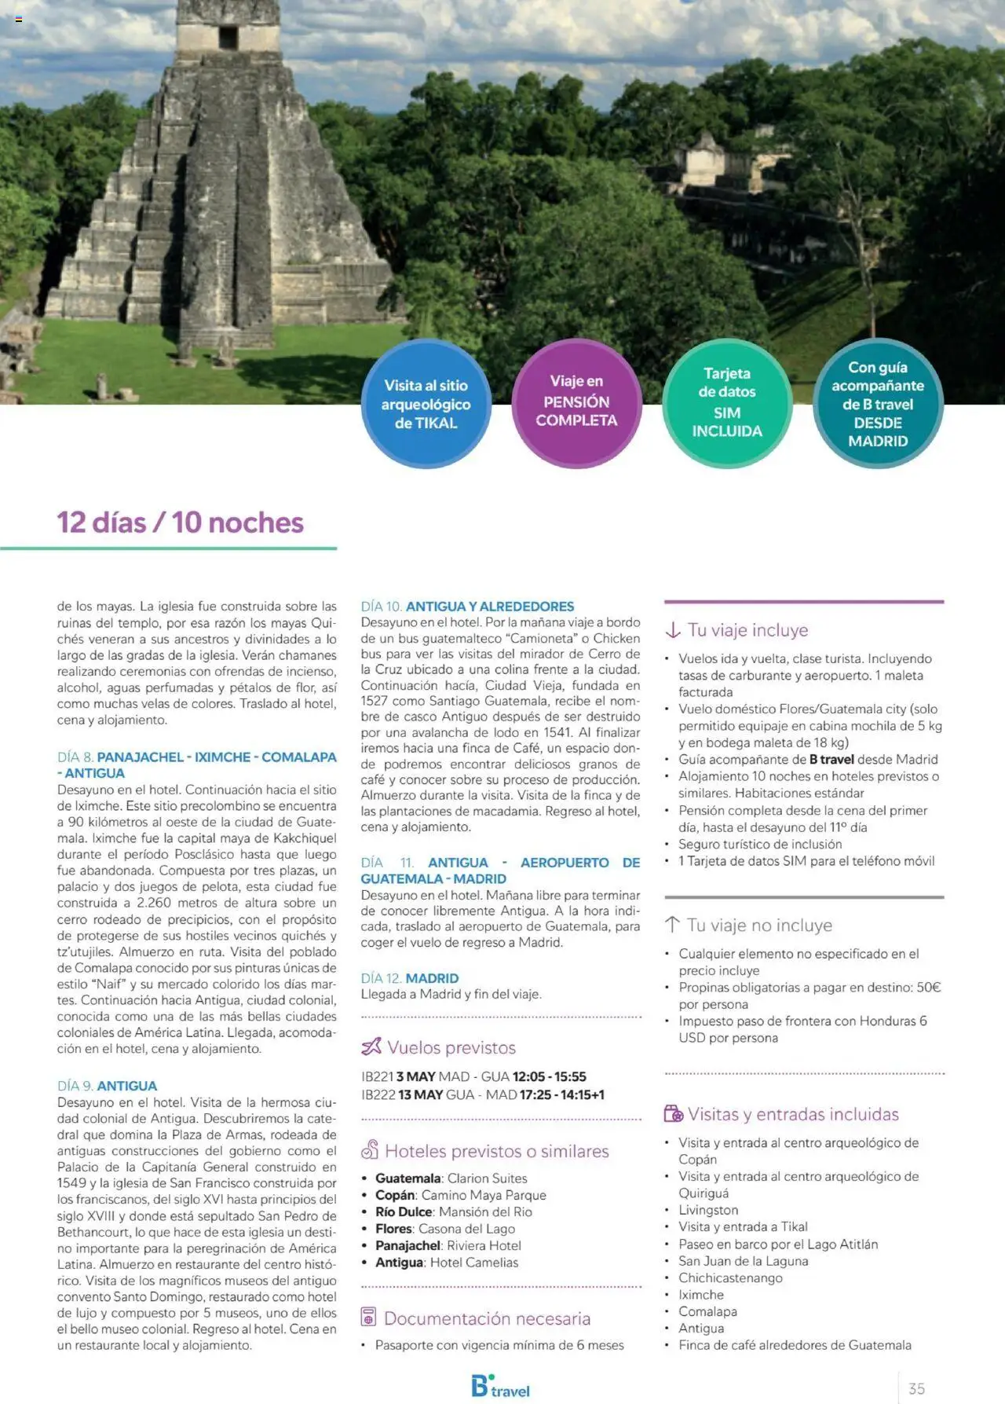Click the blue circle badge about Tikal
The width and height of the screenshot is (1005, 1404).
pyautogui.click(x=426, y=404)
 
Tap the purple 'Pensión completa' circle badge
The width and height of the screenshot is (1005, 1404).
pyautogui.click(x=576, y=402)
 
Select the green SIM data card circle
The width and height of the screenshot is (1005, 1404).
pyautogui.click(x=727, y=402)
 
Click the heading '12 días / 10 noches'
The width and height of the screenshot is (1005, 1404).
pyautogui.click(x=180, y=522)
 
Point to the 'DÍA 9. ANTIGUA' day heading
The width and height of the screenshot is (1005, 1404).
pyautogui.click(x=107, y=1086)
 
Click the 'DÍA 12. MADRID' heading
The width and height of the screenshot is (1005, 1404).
pyautogui.click(x=410, y=978)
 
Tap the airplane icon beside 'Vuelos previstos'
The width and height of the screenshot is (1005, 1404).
pyautogui.click(x=371, y=1047)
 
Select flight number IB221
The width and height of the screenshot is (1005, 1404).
pyautogui.click(x=377, y=1076)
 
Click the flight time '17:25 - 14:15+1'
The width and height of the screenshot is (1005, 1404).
pyautogui.click(x=561, y=1094)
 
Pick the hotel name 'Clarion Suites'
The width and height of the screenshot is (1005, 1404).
pyautogui.click(x=487, y=1179)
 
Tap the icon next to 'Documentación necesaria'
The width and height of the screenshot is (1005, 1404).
pyautogui.click(x=368, y=1317)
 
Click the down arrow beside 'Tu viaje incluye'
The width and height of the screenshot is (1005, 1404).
pyautogui.click(x=673, y=630)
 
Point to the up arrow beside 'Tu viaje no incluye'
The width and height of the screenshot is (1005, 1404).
pyautogui.click(x=673, y=925)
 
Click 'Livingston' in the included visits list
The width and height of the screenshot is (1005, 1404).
pyautogui.click(x=708, y=1210)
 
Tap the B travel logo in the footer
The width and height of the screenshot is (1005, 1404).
pyautogui.click(x=500, y=1386)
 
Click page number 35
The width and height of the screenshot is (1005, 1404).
pyautogui.click(x=916, y=1388)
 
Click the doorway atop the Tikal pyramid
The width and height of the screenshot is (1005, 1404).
pyautogui.click(x=228, y=37)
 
